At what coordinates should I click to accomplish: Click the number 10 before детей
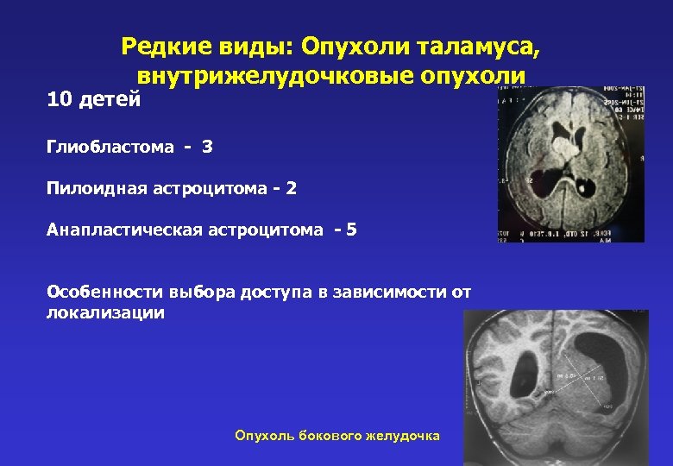60,101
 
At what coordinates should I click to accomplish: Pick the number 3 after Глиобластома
207,148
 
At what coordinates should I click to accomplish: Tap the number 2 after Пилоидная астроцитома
291,187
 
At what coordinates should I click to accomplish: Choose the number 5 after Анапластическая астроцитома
350,229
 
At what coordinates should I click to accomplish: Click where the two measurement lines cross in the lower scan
579,377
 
